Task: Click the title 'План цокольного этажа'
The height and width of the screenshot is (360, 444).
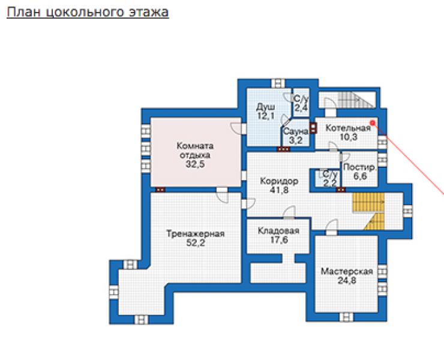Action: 88,13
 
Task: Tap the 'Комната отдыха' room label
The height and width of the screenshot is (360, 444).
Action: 195,151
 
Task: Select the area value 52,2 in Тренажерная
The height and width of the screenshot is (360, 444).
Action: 196,243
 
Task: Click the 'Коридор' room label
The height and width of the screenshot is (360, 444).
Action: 279,181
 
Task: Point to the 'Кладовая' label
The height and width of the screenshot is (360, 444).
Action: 278,230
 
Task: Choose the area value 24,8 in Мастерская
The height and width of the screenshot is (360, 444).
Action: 347,280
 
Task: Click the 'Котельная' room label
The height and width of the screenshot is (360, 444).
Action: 348,128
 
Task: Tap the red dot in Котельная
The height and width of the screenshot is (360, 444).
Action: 373,122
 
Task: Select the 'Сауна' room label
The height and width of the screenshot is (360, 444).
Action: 295,131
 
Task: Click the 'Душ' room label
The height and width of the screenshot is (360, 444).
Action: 265,107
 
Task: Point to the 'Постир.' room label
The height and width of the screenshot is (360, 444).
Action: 359,167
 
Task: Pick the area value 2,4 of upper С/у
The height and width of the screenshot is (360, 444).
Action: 301,107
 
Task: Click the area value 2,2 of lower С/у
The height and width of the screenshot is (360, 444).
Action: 330,183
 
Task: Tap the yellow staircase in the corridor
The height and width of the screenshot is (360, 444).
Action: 368,211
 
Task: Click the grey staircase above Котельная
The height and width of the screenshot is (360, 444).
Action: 356,100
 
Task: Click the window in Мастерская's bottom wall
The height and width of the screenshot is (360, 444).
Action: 346,317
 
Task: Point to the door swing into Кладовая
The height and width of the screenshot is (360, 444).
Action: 289,212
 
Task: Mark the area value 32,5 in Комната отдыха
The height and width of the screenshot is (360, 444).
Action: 195,164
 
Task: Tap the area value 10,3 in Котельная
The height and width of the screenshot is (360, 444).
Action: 349,137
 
